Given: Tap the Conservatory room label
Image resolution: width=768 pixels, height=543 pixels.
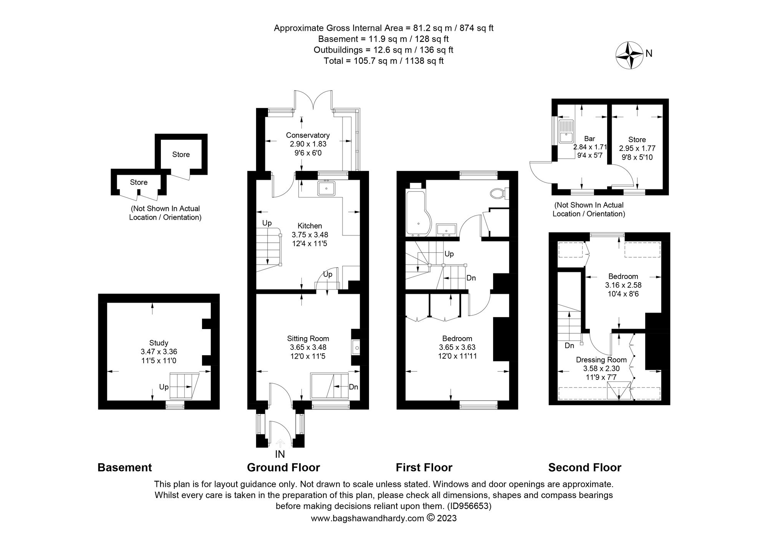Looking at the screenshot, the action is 308,135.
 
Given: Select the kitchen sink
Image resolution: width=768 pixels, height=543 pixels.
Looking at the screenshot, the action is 326,189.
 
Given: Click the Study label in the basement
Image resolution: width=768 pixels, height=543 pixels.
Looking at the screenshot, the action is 159,343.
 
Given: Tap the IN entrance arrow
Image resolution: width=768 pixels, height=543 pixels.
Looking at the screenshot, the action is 280,444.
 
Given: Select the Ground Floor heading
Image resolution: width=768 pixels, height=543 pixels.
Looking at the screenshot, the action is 283,467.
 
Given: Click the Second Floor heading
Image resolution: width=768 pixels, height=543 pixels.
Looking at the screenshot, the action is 584,467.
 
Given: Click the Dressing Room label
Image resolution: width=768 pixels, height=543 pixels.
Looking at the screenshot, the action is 601,360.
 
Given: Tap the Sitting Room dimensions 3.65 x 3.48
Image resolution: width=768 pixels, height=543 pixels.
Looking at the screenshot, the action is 308,347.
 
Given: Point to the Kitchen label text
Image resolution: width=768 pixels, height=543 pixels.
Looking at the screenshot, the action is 310,226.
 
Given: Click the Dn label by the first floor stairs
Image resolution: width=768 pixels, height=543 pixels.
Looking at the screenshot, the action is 471,278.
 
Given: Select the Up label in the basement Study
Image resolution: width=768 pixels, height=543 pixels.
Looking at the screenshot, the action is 164,387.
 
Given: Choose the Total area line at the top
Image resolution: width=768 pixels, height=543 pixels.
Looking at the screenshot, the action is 383,61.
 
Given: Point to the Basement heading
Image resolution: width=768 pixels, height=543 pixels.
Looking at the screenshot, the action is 124,467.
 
